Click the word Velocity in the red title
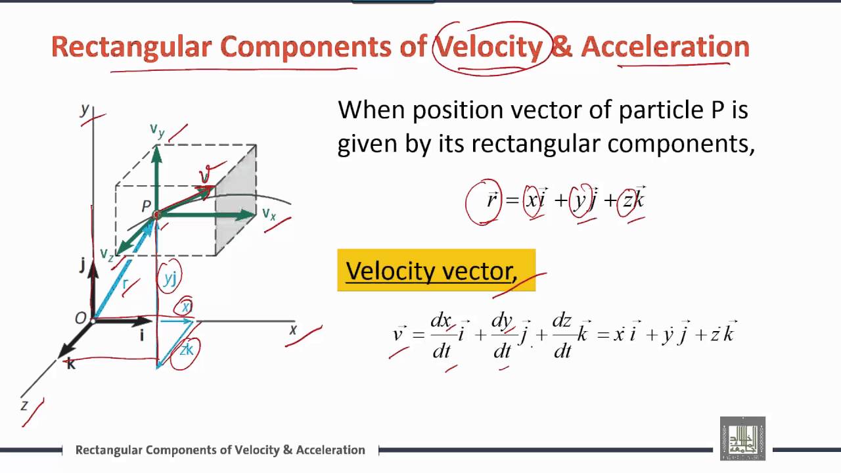tap(489, 47)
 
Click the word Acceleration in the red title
tap(665, 47)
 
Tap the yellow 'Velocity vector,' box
tap(436, 270)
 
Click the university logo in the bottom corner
tap(742, 438)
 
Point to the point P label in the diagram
tap(147, 206)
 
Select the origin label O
tap(80, 319)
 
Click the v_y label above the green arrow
tap(157, 131)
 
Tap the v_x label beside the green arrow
tap(269, 214)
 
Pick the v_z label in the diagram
tap(106, 254)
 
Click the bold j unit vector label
tap(82, 264)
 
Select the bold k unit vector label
tap(71, 363)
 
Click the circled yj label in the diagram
tap(170, 279)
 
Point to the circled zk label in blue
tap(187, 349)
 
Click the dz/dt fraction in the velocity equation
tap(562, 335)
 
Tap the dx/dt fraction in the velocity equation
tap(441, 335)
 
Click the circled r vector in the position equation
tap(491, 200)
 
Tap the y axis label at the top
tap(85, 109)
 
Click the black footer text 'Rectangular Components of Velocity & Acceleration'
tap(220, 450)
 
